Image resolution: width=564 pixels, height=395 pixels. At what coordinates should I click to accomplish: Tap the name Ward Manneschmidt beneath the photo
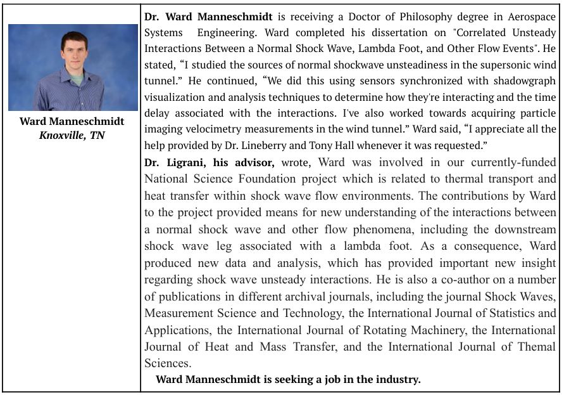72,121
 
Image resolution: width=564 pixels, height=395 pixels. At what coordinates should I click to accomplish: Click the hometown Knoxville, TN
72,135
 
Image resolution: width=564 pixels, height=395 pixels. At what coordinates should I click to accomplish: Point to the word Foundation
273,179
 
